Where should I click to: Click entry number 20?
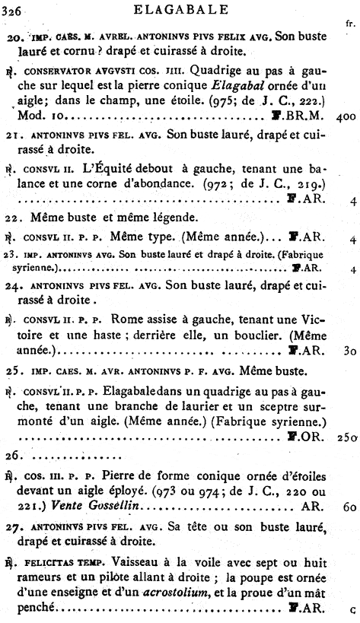point(19,37)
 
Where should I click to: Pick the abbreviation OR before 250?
point(307,438)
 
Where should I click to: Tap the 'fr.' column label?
point(350,24)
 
